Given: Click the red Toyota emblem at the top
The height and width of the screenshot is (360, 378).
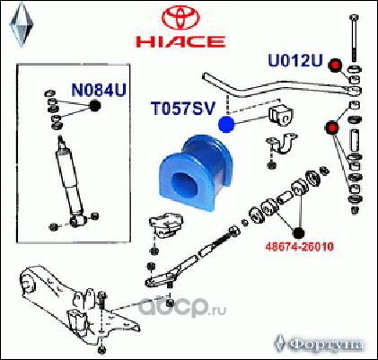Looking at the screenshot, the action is click(x=180, y=19).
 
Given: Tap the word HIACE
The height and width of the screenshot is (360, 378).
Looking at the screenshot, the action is click(x=180, y=41).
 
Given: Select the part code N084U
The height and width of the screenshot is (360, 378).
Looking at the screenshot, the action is click(x=99, y=90).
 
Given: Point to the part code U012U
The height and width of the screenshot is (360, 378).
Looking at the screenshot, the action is click(x=295, y=60).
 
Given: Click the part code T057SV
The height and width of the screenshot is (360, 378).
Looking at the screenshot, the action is click(x=183, y=109).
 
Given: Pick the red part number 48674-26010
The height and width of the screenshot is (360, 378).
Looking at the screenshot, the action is click(x=299, y=247).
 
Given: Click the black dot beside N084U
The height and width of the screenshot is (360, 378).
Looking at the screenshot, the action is click(x=95, y=106).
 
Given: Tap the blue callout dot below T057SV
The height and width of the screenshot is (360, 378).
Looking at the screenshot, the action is click(x=226, y=124).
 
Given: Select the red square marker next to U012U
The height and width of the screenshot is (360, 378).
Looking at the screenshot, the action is click(x=335, y=66).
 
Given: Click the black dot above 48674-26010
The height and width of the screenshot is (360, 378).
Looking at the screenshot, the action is click(x=298, y=233).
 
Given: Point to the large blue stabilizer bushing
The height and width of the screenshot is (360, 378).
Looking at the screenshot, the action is click(x=196, y=173).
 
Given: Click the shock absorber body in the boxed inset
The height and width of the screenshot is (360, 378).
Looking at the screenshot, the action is click(x=70, y=180).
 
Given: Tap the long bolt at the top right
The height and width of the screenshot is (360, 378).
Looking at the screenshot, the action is click(x=354, y=39).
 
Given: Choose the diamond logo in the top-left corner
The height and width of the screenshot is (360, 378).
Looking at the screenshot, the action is click(x=22, y=24).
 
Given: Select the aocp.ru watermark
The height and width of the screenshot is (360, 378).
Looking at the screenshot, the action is click(x=183, y=307).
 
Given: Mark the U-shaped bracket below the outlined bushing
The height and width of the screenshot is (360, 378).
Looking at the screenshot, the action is click(x=282, y=145).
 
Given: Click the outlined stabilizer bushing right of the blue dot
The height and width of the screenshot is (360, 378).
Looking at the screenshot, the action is click(x=281, y=116).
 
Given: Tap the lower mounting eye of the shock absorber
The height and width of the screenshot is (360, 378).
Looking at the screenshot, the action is click(x=79, y=221).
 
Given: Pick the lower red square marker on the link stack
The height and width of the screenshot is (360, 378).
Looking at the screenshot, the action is click(x=332, y=127).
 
